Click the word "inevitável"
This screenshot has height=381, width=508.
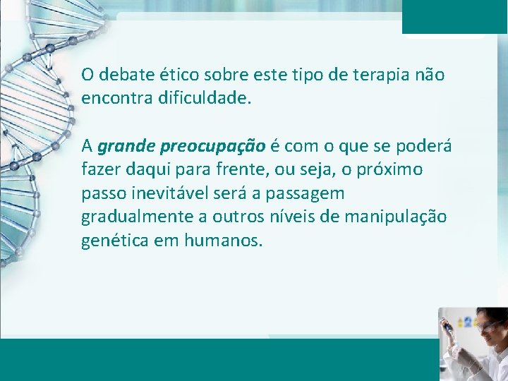coord(164,193)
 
